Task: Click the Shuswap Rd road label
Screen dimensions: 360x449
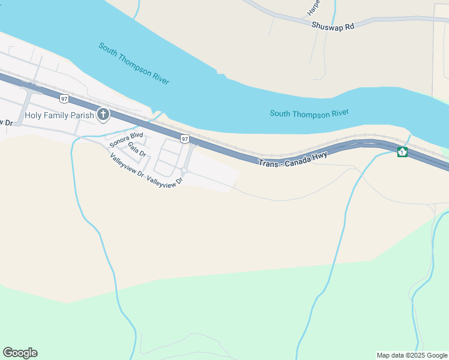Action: [x=333, y=26]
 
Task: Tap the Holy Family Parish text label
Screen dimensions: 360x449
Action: [x=59, y=115]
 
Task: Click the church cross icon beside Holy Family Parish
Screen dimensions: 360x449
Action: [x=103, y=114]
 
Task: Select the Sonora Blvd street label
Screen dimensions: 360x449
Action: [x=125, y=139]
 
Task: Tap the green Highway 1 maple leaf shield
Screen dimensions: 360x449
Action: [x=402, y=152]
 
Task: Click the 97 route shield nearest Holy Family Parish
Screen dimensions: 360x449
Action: [x=64, y=98]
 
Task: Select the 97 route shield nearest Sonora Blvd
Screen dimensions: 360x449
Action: [x=184, y=139]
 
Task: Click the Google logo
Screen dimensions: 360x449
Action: [x=20, y=353]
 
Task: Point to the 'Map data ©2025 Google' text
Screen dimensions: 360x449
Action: [x=411, y=355]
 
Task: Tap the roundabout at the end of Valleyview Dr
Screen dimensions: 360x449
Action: [x=185, y=172]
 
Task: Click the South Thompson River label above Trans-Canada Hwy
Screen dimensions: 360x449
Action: [x=309, y=113]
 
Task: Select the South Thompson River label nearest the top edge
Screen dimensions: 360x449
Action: [x=134, y=64]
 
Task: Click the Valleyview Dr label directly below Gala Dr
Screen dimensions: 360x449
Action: [x=127, y=166]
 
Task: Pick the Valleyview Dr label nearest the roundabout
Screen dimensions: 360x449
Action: [x=164, y=179]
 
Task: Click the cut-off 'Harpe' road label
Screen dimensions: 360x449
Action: [x=313, y=7]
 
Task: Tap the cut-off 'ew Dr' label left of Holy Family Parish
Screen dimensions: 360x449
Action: [x=6, y=122]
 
